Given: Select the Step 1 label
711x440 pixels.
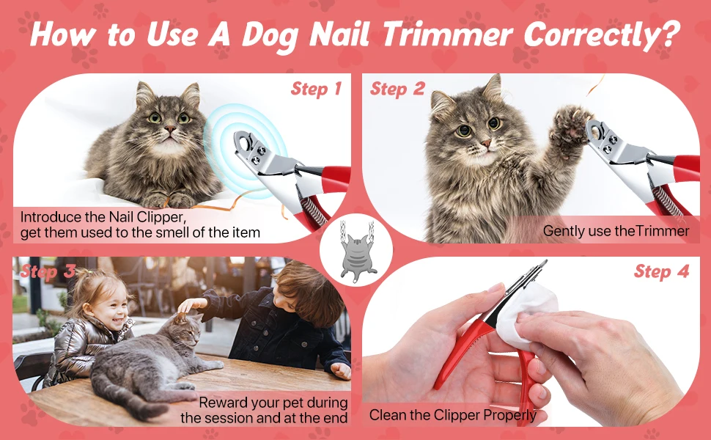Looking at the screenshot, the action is point(316,89).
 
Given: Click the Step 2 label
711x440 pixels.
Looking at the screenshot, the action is point(397,89).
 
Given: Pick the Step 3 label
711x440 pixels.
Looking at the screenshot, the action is point(48,271).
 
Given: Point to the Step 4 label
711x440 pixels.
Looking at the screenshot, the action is point(662,271).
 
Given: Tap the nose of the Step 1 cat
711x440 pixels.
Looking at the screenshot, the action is point(169,129).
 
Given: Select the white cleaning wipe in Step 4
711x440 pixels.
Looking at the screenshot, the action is point(526,313).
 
